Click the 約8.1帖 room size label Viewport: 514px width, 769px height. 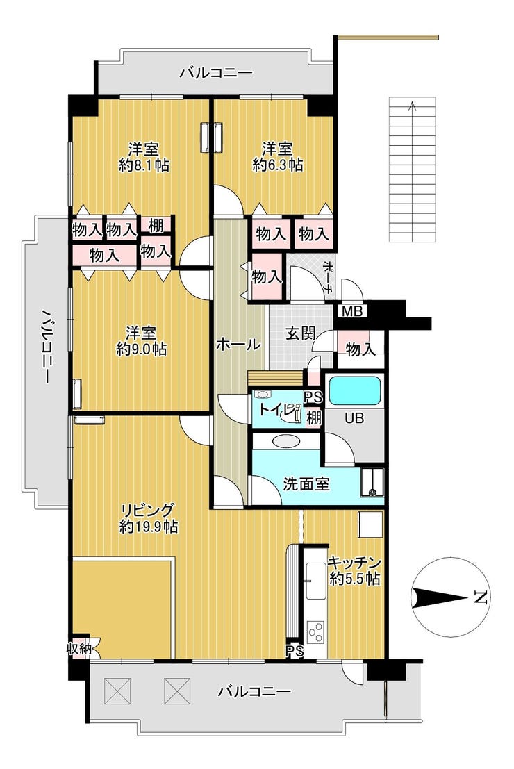coord(144,165)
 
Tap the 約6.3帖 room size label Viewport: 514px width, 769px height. coord(278,165)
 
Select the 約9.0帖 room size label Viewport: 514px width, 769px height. coord(141,349)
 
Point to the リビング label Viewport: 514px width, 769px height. coord(148,511)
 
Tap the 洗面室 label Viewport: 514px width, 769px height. coord(306,484)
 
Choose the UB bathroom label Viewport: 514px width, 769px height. coord(354,418)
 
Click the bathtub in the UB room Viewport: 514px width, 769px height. coord(354,390)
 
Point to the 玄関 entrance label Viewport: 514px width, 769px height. coord(301,334)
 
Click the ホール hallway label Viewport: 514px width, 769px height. coord(238,345)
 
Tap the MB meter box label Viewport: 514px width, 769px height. coord(351,311)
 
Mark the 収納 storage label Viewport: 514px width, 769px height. coord(79,648)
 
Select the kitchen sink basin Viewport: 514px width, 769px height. coord(315,581)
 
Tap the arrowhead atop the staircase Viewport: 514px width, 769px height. coord(413,104)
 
